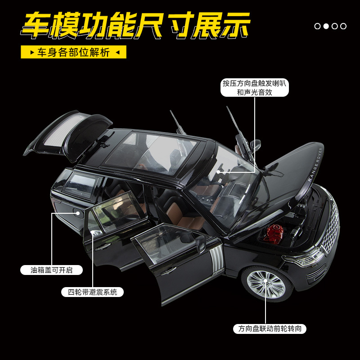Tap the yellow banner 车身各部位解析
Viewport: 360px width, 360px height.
(x=73, y=52)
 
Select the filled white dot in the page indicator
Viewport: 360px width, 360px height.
(x=326, y=26)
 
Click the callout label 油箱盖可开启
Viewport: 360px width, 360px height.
(x=52, y=270)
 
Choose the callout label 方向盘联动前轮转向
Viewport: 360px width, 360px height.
(x=270, y=329)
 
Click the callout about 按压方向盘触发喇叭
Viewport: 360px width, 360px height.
(x=255, y=88)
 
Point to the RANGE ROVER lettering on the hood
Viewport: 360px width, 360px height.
(x=315, y=165)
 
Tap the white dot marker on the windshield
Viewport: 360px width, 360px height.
(x=218, y=171)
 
